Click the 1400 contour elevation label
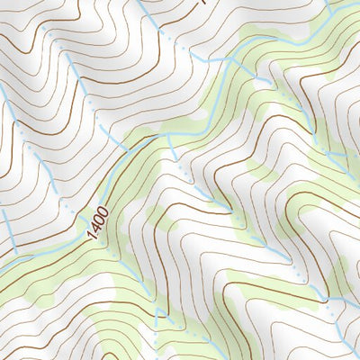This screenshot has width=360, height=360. pos(98,220)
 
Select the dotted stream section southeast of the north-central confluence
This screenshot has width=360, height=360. pos(270,85)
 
